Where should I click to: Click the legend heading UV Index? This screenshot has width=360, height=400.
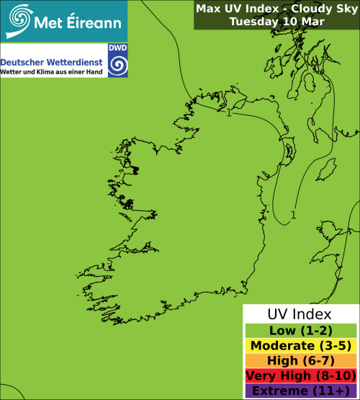300,315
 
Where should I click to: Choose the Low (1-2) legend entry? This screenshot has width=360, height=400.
300,330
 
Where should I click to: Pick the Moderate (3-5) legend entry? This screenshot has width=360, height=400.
300,345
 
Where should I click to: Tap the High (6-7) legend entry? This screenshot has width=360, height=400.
300,360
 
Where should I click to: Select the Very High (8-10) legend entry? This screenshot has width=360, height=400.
300,375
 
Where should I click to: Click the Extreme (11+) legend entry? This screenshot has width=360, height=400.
300,390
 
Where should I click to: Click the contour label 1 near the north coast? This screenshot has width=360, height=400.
229,112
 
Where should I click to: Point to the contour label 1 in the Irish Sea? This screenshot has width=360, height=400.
293,214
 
